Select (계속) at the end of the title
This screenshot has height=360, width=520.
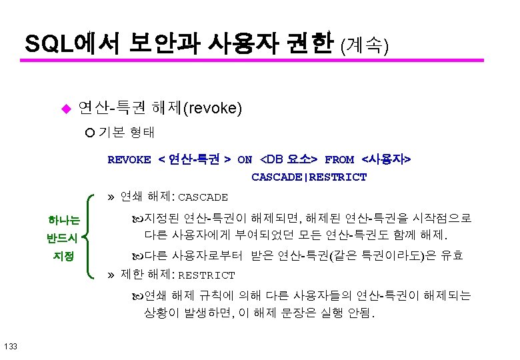click(364, 45)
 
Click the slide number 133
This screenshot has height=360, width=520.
click(11, 345)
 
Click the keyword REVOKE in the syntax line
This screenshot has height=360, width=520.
click(129, 160)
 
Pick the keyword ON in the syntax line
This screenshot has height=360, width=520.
click(245, 160)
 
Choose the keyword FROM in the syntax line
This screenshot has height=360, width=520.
click(339, 160)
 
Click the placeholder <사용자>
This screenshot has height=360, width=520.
click(386, 160)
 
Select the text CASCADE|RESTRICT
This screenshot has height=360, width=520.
click(309, 177)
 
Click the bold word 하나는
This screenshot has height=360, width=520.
click(64, 219)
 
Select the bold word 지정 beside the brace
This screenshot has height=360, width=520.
click(64, 256)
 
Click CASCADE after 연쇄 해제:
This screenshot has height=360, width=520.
click(203, 198)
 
